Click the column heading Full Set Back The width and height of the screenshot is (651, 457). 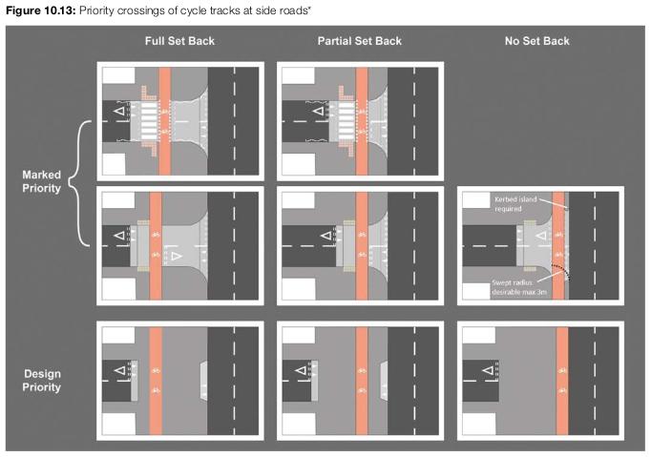(x=179, y=41)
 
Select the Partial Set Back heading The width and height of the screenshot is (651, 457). (x=360, y=41)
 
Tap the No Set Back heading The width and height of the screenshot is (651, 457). (x=536, y=41)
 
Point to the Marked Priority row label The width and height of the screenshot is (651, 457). (x=41, y=181)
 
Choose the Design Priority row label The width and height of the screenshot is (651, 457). (x=41, y=381)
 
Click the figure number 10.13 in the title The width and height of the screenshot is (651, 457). (x=59, y=10)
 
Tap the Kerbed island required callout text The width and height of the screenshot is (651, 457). (x=515, y=204)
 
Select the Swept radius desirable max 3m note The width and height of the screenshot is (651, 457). (x=519, y=287)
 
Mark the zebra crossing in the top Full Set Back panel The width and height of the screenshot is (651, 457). (x=149, y=121)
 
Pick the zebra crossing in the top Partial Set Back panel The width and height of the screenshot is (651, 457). (x=346, y=121)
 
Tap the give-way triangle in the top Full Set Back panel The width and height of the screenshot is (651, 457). (x=119, y=111)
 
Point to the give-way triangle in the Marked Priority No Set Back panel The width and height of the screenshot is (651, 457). (x=541, y=236)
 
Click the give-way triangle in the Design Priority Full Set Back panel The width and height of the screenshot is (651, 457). (x=119, y=370)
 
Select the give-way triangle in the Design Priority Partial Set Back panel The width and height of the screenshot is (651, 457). (x=301, y=370)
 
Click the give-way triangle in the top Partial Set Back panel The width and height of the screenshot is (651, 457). (x=318, y=111)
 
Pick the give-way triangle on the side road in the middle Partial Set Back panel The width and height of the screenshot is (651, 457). (x=326, y=236)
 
